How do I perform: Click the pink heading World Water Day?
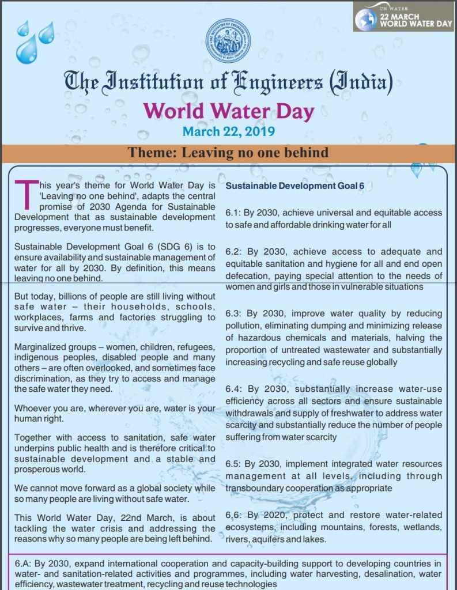(228, 110)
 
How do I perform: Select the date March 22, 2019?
(228, 131)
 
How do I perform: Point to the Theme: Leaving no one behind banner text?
(228, 153)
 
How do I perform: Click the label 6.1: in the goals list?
(235, 213)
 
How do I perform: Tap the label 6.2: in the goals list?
(235, 252)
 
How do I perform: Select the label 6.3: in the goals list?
(235, 314)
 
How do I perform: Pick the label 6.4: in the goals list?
(235, 389)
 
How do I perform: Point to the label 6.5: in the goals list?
(235, 464)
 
